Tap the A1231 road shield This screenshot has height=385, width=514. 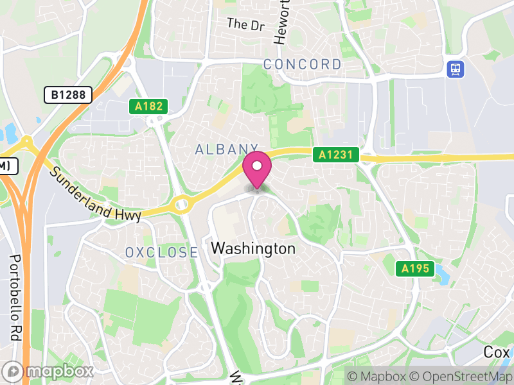coord(335,155)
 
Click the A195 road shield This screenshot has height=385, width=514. coord(414,269)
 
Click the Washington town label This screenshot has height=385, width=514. coord(253,248)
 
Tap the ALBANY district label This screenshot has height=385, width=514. coord(226,150)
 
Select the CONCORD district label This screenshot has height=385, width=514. coord(302,64)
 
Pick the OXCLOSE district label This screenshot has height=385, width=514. coord(161,252)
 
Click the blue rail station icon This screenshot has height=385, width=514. coord(456,69)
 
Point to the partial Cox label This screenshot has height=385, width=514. coord(497,352)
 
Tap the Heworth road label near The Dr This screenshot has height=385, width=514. coord(280,26)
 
